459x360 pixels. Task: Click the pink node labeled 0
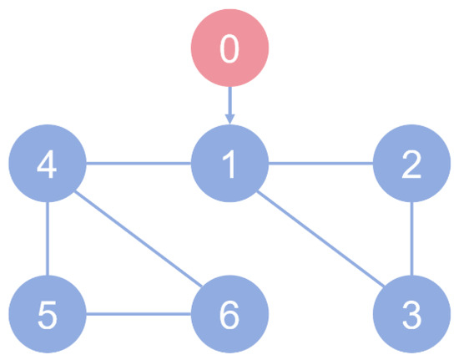coord(229,48)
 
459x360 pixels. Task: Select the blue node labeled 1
coord(229,163)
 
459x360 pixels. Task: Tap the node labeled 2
coord(412,163)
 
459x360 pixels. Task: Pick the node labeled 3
coord(412,314)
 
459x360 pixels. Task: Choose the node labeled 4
coord(48,163)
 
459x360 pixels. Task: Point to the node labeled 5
coord(48,314)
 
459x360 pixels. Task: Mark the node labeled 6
coord(229,314)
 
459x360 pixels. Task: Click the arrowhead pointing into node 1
coord(229,119)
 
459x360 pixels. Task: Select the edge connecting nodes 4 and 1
coord(139,163)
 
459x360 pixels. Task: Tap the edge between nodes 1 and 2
coord(320,163)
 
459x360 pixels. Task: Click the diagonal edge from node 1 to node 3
coord(320,238)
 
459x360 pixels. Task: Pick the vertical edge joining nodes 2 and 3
coord(412,239)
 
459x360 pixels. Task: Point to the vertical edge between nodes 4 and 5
coord(48,239)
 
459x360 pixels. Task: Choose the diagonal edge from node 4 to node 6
coord(139,238)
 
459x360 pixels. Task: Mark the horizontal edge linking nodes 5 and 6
coord(139,314)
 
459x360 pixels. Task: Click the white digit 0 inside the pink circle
coord(229,48)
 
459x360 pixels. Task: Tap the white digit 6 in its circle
coord(229,315)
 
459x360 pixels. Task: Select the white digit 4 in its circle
coord(47,164)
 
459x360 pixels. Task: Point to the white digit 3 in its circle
coord(412,315)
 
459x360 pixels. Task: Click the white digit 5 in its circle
coord(48,315)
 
